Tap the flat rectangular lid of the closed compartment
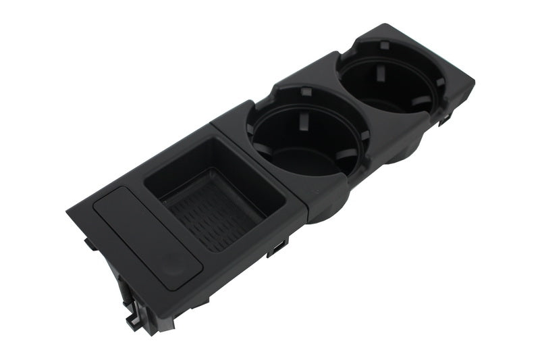point(138,230)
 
